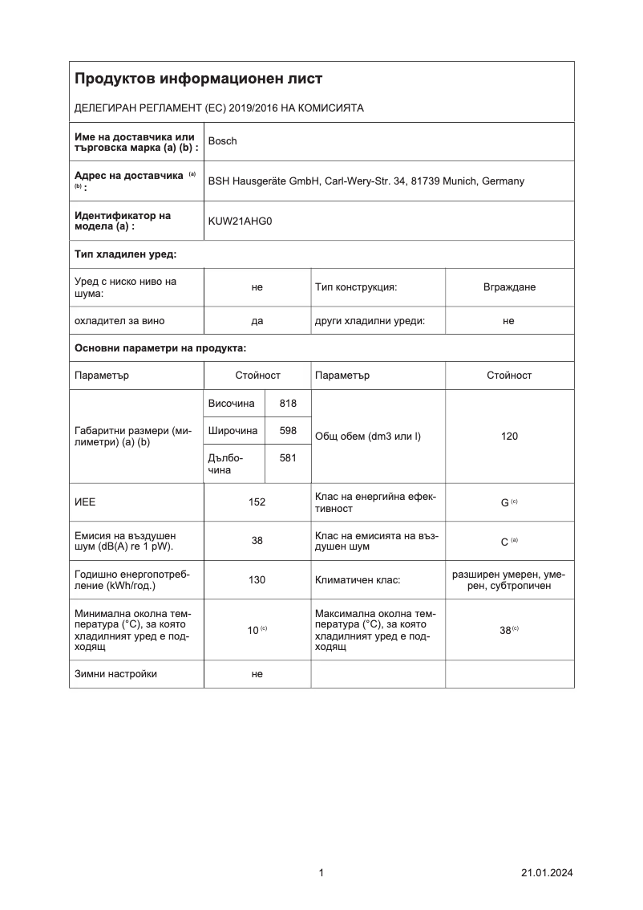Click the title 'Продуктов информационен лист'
[x=198, y=79]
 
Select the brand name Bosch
[x=222, y=141]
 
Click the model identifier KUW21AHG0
[x=240, y=221]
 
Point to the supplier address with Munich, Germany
[x=366, y=181]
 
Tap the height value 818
[x=288, y=404]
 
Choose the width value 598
[x=288, y=431]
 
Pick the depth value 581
[x=288, y=458]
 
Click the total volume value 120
[x=509, y=437]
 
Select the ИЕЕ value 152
[x=257, y=502]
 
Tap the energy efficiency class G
[x=505, y=502]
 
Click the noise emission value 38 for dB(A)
[x=257, y=541]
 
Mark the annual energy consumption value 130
[x=257, y=579]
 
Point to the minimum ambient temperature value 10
[x=253, y=630]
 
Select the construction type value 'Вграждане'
[x=509, y=287]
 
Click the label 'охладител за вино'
[x=119, y=321]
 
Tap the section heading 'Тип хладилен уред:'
[x=125, y=254]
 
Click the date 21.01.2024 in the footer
[x=547, y=873]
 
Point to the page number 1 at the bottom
[x=321, y=873]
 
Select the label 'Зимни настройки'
[x=115, y=674]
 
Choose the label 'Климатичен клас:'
[x=357, y=579]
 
